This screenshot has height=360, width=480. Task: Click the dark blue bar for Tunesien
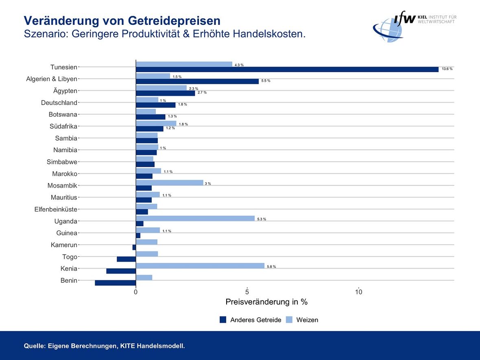coord(287,70)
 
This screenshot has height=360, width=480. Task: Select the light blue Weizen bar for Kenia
coord(200,266)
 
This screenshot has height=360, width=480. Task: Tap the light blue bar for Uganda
coord(195,218)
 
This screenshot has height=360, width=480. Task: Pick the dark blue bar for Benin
coord(116,283)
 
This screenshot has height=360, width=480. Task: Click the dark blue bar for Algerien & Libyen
coord(197,81)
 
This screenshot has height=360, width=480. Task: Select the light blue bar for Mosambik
coord(170,183)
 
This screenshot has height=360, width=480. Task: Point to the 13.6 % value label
coord(447,69)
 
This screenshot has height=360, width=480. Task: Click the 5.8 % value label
coord(271,267)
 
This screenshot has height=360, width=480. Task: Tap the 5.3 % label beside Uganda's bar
coord(262,219)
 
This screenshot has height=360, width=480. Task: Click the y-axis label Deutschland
coord(59,103)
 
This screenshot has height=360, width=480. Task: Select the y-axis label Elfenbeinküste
coord(56,209)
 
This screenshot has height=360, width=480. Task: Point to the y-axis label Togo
coord(70,257)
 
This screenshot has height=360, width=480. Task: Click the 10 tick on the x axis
coord(359,292)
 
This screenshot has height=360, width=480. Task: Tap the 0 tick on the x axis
coord(136,292)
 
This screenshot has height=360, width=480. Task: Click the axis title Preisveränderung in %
coord(266,302)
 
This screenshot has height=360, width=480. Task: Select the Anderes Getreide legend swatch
coord(223,320)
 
